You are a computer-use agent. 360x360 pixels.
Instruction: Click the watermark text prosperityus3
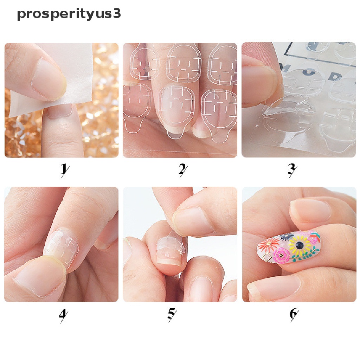(69, 14)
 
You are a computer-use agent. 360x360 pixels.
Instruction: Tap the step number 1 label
(64, 169)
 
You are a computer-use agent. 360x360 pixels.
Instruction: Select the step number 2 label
(182, 169)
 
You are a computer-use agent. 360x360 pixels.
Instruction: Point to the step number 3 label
(291, 169)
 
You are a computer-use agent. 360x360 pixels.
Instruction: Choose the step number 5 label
(172, 314)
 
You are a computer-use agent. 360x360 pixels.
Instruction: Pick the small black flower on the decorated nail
(287, 237)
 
